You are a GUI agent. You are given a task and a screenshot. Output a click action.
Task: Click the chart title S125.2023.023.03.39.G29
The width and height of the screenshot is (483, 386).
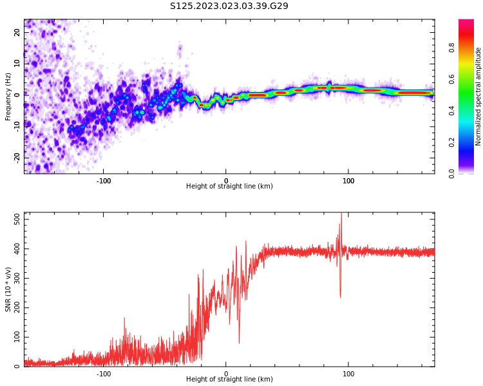point(229,6)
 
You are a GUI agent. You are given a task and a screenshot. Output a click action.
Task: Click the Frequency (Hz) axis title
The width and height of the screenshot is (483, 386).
point(8,96)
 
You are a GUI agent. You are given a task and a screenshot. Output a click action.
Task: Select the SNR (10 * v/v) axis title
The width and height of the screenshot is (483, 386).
point(8,289)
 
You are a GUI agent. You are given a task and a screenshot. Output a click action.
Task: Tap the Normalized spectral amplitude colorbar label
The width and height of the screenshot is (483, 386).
point(478,96)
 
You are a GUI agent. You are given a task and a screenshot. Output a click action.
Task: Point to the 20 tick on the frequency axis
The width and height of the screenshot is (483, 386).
point(18,32)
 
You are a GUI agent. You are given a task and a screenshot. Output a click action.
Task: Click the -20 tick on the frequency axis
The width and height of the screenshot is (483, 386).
point(18,157)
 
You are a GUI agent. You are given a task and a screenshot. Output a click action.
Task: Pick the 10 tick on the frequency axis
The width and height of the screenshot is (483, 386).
point(18,63)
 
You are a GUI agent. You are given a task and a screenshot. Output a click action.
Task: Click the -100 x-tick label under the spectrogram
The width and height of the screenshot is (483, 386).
point(104,180)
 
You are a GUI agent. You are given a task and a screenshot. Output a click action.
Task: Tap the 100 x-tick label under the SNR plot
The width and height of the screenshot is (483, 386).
point(348,373)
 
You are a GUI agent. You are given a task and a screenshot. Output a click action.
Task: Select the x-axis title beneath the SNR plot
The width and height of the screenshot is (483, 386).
point(229,380)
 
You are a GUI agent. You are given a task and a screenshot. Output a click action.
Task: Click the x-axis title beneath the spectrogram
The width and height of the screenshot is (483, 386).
point(229,187)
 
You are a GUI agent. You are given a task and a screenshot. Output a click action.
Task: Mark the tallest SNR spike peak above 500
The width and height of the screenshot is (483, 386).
point(341,214)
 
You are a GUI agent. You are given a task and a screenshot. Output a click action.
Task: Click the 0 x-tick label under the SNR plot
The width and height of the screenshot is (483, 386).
point(226,373)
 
